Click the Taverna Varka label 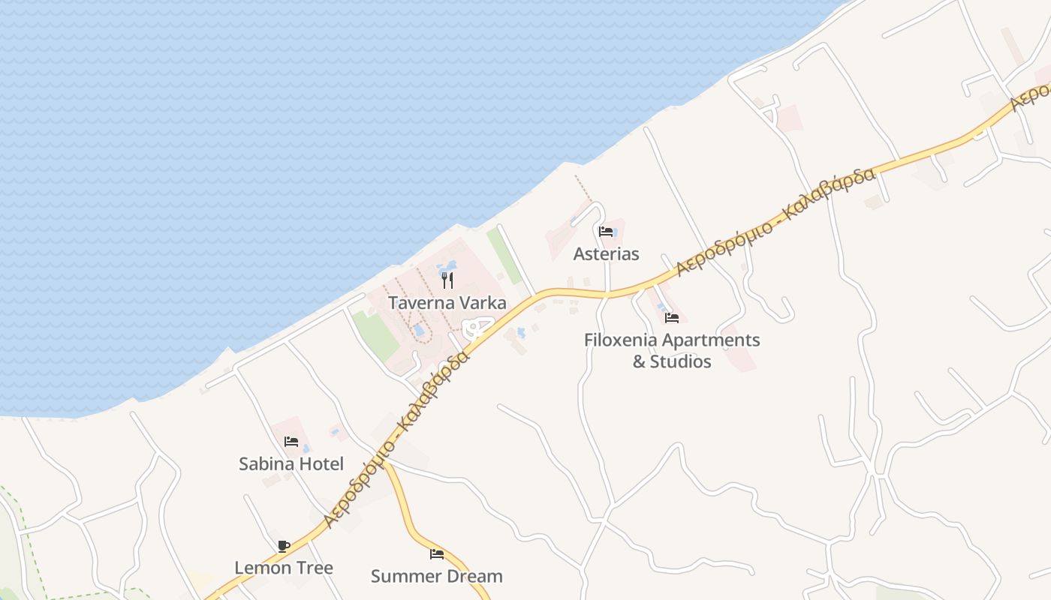click(447, 303)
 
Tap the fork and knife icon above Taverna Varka click(447, 280)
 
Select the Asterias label click(606, 253)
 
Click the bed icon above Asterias click(606, 232)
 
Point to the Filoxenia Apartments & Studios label click(672, 350)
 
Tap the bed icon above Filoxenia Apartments click(672, 318)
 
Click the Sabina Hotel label click(291, 463)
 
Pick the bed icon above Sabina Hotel click(291, 442)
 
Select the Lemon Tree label click(284, 568)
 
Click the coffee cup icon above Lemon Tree click(284, 546)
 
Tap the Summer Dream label click(437, 576)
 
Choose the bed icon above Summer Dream click(437, 554)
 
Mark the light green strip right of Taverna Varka click(504, 256)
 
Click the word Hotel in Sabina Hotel click(321, 463)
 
